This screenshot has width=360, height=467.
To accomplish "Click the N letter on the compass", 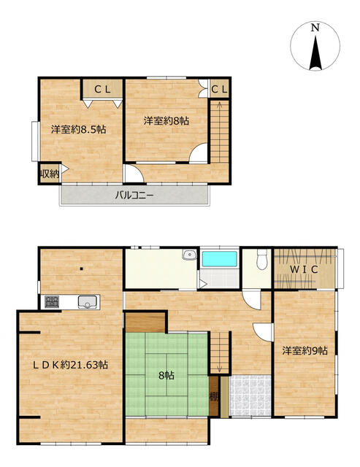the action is pyautogui.click(x=315, y=28).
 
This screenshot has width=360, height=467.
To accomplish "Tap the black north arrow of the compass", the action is pyautogui.click(x=315, y=53).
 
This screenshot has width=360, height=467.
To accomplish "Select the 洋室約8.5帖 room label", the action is pyautogui.click(x=78, y=130).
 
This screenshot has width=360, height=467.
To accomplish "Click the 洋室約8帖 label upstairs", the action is pyautogui.click(x=166, y=121).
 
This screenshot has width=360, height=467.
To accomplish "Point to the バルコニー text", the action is pyautogui.click(x=134, y=196).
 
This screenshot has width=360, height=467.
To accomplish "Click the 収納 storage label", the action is pyautogui.click(x=50, y=174).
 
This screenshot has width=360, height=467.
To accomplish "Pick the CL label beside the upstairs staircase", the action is pyautogui.click(x=220, y=89).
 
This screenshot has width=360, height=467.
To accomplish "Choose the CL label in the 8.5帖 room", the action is pyautogui.click(x=102, y=89).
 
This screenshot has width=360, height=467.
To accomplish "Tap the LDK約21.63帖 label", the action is pyautogui.click(x=70, y=365).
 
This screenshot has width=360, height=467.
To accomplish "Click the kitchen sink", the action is pyautogui.click(x=88, y=302).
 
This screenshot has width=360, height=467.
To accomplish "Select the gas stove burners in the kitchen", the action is pyautogui.click(x=52, y=302).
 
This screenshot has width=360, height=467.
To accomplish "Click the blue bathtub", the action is pyautogui.click(x=220, y=259).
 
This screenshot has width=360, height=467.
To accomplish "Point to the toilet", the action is pyautogui.click(x=262, y=259).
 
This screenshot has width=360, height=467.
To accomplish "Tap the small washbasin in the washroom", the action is pyautogui.click(x=189, y=255).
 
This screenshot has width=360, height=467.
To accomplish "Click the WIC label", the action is pyautogui.click(x=304, y=269).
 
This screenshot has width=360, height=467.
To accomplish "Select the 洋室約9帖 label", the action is pyautogui.click(x=305, y=350).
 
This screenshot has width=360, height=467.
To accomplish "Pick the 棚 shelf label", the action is pyautogui.click(x=214, y=397).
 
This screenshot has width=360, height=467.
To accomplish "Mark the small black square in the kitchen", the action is pyautogui.click(x=82, y=269).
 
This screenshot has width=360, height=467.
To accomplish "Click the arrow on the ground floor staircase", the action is pyautogui.click(x=219, y=352).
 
